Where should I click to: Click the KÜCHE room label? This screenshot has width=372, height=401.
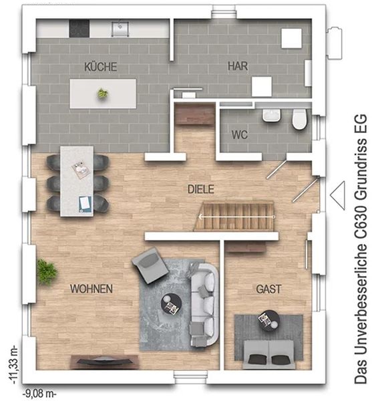101,67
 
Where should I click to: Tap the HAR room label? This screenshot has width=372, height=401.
238,66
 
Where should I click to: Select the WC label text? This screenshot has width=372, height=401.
239,134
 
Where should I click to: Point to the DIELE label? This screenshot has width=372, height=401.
201,189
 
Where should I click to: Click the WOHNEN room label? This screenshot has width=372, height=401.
91,289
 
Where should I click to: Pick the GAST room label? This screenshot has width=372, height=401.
268,289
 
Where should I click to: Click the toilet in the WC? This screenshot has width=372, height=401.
299,119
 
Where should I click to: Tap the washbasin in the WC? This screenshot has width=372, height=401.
272,116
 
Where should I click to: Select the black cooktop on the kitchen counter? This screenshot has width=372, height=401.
79,28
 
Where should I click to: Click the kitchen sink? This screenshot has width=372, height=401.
120,29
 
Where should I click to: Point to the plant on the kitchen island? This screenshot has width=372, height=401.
102,94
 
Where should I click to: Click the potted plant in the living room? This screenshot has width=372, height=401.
47,271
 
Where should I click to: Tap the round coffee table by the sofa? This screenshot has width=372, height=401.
171,304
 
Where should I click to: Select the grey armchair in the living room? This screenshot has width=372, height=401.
150,265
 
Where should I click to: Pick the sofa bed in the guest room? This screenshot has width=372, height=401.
268,354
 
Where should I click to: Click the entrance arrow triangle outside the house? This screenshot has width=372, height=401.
337,195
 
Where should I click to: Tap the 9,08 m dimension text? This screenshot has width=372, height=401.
39,394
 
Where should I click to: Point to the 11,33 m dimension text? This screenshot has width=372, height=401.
13,365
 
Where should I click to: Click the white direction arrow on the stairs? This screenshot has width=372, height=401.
237,217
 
